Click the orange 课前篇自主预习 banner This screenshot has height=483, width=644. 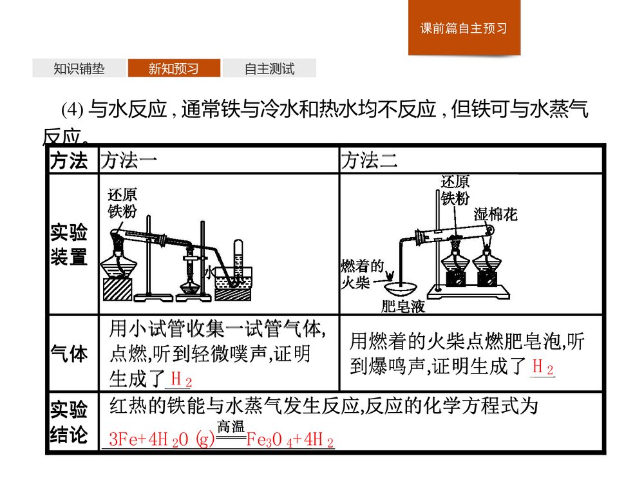click(464, 28)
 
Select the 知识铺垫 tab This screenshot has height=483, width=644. click(79, 69)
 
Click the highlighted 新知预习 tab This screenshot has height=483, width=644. click(174, 69)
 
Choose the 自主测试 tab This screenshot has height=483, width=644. click(269, 69)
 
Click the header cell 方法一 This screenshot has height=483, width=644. click(128, 161)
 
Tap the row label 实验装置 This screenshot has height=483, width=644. click(69, 245)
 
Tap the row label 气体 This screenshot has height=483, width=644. click(69, 354)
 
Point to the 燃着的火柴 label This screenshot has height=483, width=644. click(363, 273)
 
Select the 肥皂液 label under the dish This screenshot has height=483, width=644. click(403, 307)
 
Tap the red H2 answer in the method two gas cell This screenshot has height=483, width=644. click(542, 368)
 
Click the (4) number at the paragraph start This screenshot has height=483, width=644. click(72, 111)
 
